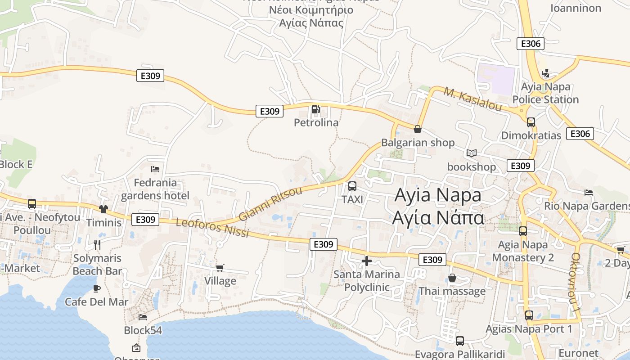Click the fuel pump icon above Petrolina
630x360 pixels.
point(315,109)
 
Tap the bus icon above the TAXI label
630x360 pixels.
point(352,186)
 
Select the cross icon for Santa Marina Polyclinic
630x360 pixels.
point(367,261)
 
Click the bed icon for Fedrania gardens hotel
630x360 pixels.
point(155,169)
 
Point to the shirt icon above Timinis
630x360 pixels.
point(103,209)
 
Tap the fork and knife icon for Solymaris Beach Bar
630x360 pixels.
point(97,244)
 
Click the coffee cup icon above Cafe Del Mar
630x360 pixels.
point(96,288)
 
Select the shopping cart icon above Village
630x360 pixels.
point(220,268)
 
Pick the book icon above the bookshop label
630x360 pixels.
point(471,153)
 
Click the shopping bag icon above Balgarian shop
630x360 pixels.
point(418,129)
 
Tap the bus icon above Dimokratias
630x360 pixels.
point(531,122)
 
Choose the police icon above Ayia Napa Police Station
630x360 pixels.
point(546,73)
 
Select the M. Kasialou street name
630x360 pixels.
point(472,99)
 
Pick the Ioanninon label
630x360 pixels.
point(576,8)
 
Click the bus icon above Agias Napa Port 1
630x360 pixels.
point(529,315)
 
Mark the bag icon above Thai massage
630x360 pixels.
point(452,278)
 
